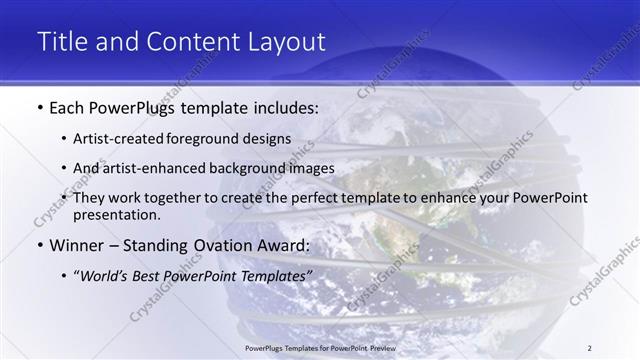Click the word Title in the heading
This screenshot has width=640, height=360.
61,42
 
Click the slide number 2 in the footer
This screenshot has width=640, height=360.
590,347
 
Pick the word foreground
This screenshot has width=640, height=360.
213,138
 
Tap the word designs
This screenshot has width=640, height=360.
271,138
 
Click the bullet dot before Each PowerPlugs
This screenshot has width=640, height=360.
39,106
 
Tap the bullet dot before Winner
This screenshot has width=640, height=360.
39,245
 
